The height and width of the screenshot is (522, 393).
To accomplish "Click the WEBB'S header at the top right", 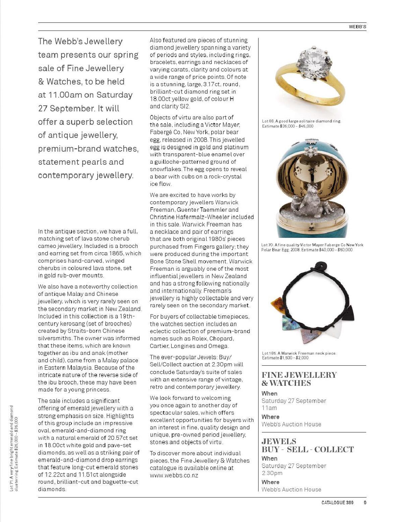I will [357, 27].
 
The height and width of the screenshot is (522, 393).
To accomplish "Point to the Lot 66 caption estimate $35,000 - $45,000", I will [288, 126].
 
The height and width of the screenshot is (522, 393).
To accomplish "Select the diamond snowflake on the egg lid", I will [311, 150].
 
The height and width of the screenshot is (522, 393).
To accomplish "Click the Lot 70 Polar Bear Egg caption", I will [312, 247].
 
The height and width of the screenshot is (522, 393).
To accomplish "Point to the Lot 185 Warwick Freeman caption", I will [299, 355].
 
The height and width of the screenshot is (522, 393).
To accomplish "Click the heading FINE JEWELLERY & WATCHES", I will [299, 379].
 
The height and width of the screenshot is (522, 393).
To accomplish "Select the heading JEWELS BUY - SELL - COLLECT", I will [307, 446].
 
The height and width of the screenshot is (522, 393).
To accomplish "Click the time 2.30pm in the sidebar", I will [272, 473].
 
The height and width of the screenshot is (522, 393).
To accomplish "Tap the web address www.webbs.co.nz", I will [174, 475].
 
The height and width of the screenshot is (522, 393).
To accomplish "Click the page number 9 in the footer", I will [365, 503].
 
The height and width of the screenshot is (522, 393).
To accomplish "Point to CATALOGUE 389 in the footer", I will [337, 503].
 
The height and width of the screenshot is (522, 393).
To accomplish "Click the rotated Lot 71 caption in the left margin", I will [13, 448].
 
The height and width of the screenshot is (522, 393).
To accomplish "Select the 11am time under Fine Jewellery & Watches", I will [269, 408].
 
